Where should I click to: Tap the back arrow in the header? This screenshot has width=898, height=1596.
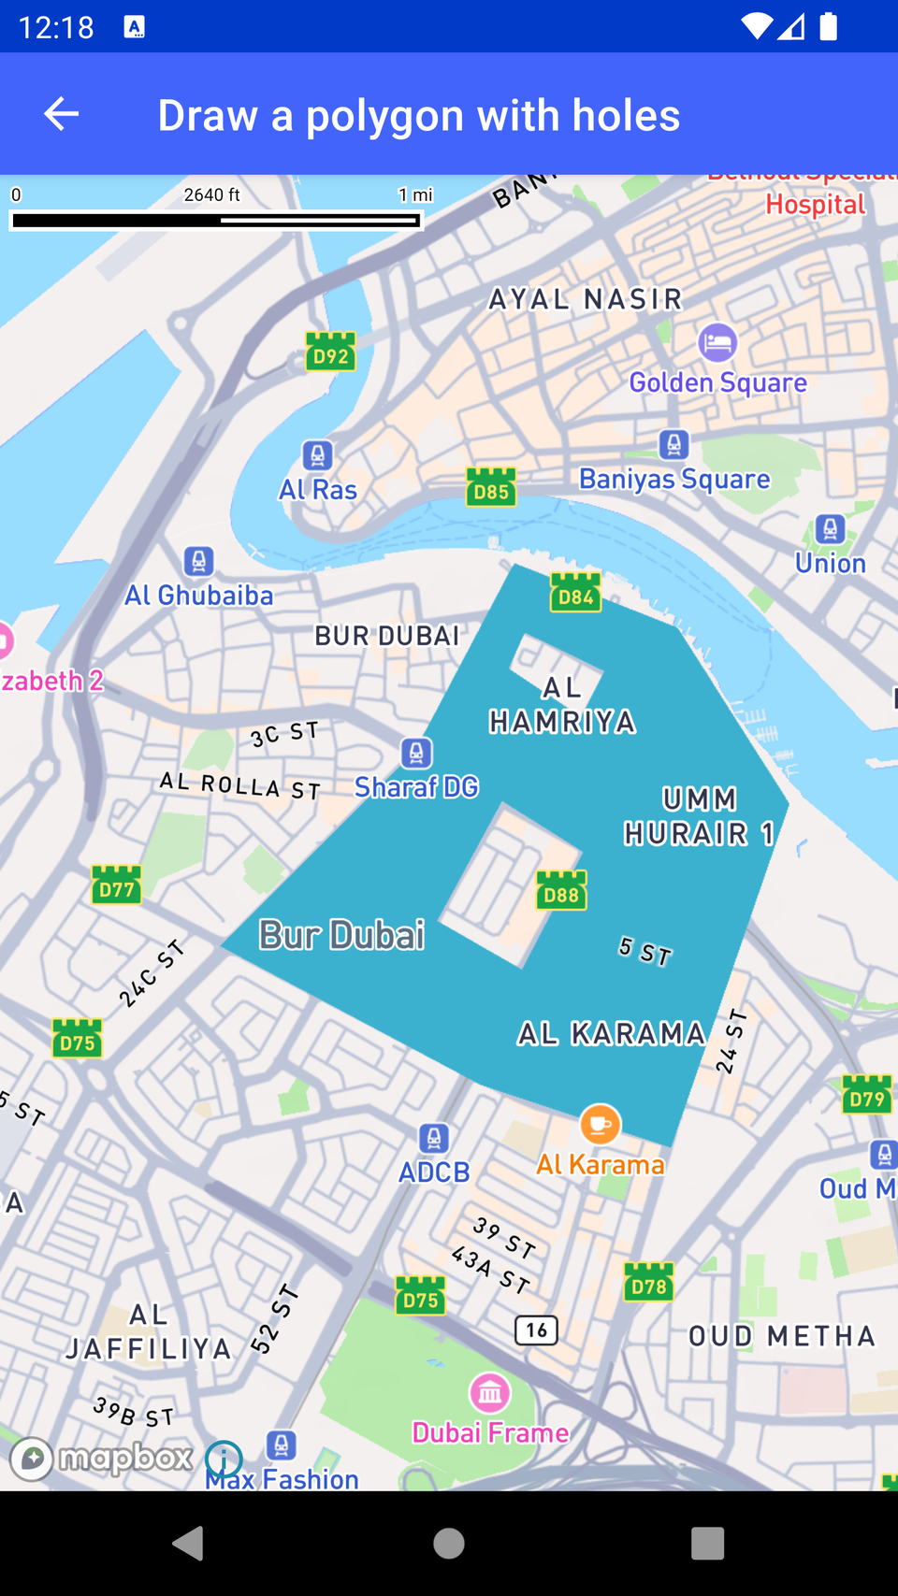click(x=62, y=114)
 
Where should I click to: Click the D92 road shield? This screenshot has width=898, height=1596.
click(x=331, y=352)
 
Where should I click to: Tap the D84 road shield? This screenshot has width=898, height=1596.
click(x=575, y=594)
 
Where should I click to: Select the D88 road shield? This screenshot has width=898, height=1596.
click(x=561, y=891)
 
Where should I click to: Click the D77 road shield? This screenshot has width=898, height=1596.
click(x=117, y=885)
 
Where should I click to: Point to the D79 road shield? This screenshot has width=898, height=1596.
click(x=867, y=1096)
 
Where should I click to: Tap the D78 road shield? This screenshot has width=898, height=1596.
click(x=648, y=1283)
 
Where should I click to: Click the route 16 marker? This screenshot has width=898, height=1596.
click(x=537, y=1330)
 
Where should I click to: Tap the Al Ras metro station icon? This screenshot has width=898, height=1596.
click(x=318, y=455)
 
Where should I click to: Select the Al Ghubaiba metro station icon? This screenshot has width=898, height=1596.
click(x=198, y=561)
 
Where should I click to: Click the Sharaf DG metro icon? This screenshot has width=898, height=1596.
click(x=416, y=753)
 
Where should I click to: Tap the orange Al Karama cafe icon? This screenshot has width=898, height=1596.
click(x=600, y=1124)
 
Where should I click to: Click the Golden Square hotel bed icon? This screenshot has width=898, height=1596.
click(x=717, y=343)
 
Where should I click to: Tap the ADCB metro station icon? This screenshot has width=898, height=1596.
click(x=433, y=1138)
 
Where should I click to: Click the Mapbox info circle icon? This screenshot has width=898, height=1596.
click(x=224, y=1459)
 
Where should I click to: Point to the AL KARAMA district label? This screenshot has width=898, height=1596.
click(x=612, y=1033)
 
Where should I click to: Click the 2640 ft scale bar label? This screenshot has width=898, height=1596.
click(x=211, y=194)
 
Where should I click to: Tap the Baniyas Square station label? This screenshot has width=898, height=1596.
click(x=674, y=479)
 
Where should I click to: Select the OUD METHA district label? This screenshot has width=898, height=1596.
click(x=782, y=1336)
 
